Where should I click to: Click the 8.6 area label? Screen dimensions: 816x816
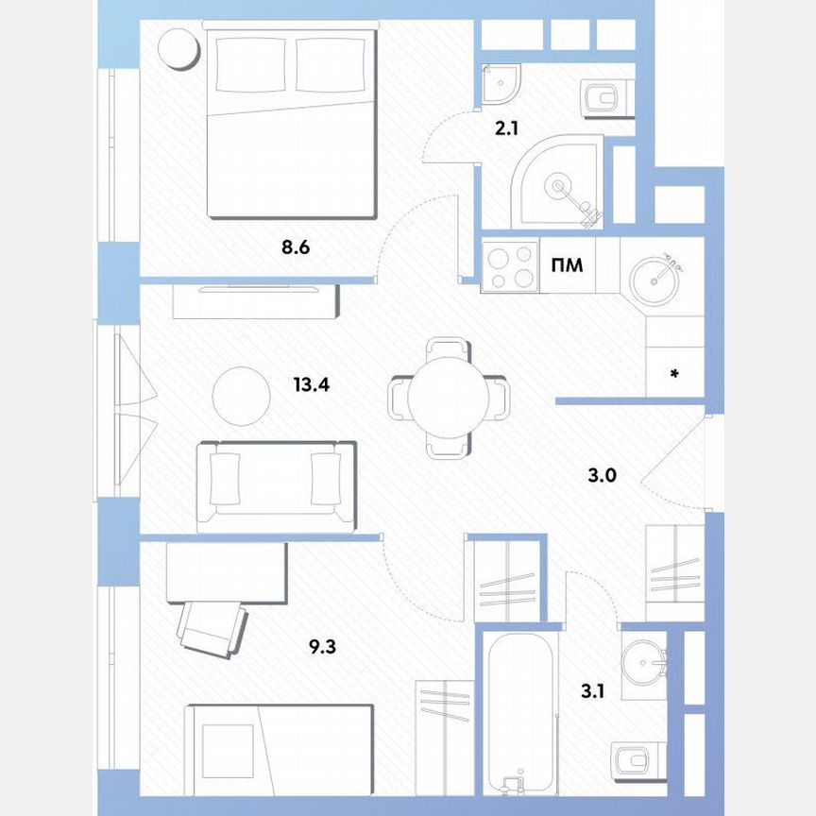click(x=295, y=249)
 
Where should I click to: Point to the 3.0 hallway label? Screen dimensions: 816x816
click(x=602, y=475)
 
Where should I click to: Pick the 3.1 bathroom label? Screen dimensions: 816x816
click(x=592, y=691)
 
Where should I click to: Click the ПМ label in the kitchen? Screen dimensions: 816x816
click(x=568, y=265)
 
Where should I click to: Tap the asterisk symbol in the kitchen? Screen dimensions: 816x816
click(x=674, y=375)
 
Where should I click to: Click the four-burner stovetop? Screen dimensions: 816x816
click(x=510, y=265)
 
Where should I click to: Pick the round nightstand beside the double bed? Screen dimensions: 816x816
click(x=178, y=48)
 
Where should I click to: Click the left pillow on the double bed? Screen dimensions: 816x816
click(x=251, y=64)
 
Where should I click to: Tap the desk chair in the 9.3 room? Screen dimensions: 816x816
click(x=212, y=624)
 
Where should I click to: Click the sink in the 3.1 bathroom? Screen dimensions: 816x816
click(x=646, y=662)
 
